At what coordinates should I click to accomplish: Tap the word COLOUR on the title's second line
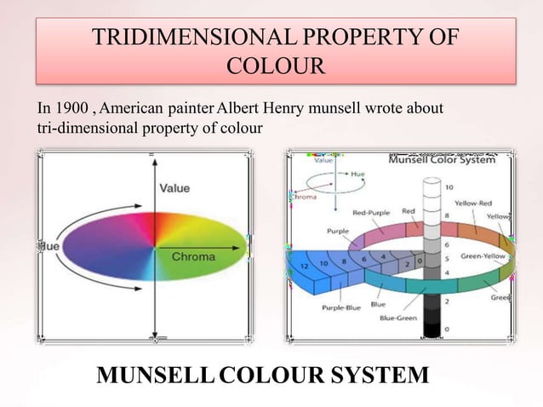[x=277, y=66]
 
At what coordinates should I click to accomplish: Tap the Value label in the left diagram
[x=174, y=187]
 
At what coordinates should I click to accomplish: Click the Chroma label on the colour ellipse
[x=193, y=256]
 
